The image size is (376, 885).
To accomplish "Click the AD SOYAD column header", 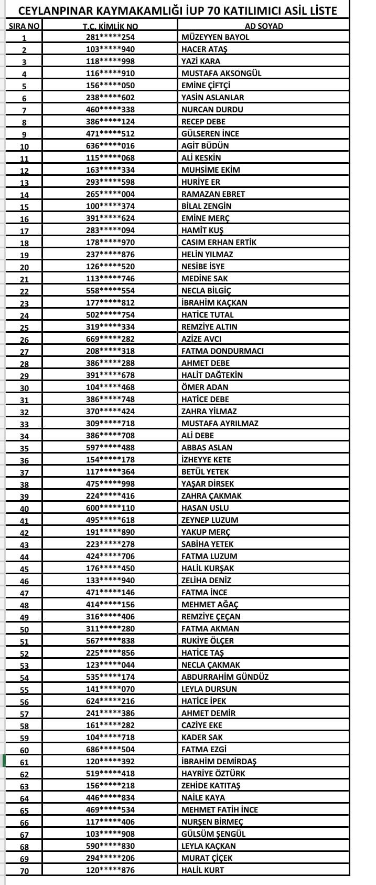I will (x=264, y=26).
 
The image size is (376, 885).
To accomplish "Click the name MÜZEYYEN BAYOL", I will (x=215, y=37).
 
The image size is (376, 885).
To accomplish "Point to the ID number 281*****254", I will (x=110, y=37).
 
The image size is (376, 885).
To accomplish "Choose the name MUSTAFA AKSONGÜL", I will (x=221, y=73).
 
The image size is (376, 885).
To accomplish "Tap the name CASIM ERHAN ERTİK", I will (x=219, y=243).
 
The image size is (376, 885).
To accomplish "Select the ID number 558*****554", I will (x=110, y=291).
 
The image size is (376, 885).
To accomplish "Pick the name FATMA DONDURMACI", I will (x=222, y=351).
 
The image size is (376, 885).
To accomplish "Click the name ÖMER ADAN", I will (x=205, y=387).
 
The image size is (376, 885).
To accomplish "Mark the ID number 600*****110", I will (x=110, y=508).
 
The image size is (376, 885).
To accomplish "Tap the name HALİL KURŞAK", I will (x=208, y=568).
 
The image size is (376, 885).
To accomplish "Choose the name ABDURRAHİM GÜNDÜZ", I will (x=224, y=677).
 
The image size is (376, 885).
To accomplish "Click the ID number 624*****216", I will (x=110, y=701).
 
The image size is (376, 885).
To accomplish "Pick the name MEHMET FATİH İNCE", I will (x=227, y=810).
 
